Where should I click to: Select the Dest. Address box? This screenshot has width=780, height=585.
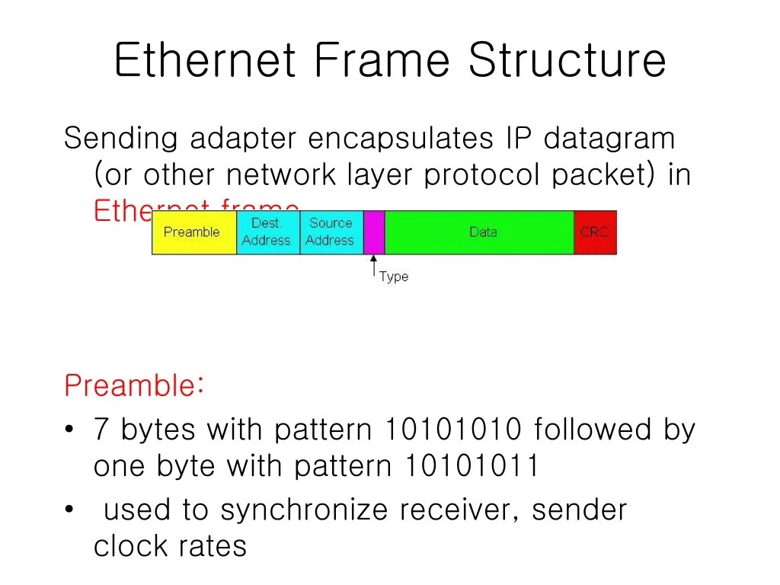pos(268,232)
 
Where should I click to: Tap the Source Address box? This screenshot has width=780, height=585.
pos(331,232)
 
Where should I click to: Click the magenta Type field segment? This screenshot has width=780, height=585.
pos(374,232)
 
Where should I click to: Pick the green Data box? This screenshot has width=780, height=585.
pos(480,232)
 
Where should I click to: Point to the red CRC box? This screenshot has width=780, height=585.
pos(595,232)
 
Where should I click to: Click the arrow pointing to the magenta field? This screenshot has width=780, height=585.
pos(373,267)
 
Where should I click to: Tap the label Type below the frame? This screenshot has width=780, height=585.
pos(394,277)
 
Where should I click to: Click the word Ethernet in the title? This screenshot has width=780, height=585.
pos(205,61)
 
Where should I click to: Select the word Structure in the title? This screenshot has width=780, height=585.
pos(567,61)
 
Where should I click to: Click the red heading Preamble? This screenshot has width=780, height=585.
pos(134,385)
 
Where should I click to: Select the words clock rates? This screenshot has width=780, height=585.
pos(170,546)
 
